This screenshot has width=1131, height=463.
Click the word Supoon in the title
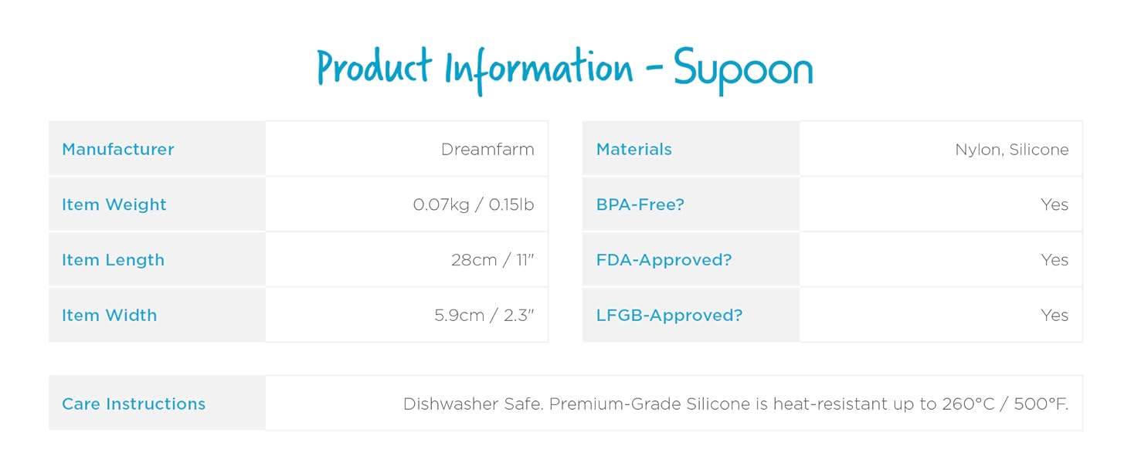(x=743, y=69)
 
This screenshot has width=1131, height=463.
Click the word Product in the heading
(x=374, y=68)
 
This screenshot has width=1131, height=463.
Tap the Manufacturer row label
(x=118, y=149)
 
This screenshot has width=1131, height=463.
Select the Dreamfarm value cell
(x=487, y=149)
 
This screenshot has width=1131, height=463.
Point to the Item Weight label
(x=114, y=204)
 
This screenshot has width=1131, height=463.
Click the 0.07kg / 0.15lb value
(x=474, y=204)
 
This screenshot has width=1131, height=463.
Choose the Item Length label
(x=114, y=260)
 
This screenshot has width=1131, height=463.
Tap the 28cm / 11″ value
(x=493, y=260)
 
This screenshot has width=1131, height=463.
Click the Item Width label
(x=110, y=316)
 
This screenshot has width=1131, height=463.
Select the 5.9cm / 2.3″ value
(x=484, y=316)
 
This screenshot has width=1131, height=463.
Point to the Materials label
(x=634, y=149)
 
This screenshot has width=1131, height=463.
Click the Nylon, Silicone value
(x=1012, y=149)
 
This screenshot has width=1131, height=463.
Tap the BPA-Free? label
(x=640, y=204)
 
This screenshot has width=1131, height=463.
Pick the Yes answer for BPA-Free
(x=1055, y=204)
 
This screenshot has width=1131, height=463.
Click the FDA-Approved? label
(x=664, y=260)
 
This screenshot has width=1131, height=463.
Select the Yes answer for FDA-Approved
(x=1055, y=260)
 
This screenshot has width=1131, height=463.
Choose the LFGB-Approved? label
(x=670, y=316)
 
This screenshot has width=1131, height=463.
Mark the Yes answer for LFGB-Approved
(x=1055, y=316)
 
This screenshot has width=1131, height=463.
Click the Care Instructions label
(x=134, y=404)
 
